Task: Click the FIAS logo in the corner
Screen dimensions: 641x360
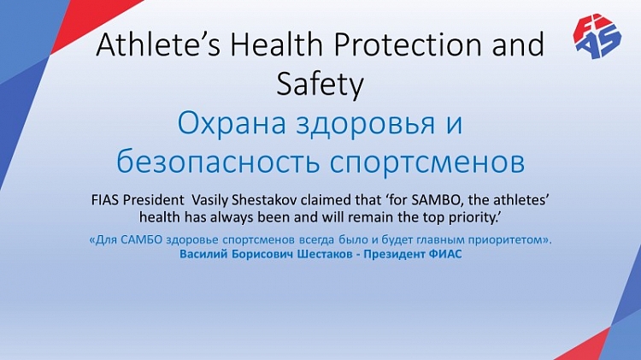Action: click(x=597, y=37)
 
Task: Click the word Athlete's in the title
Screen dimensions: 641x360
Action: click(x=158, y=44)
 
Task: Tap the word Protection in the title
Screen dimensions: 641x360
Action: click(x=408, y=44)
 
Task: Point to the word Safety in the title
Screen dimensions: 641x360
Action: click(x=320, y=85)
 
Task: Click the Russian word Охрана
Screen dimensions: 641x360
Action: click(x=232, y=123)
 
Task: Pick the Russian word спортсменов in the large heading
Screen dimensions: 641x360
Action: click(x=426, y=162)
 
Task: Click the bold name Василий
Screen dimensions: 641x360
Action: click(x=203, y=254)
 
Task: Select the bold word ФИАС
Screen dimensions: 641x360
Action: click(x=445, y=254)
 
